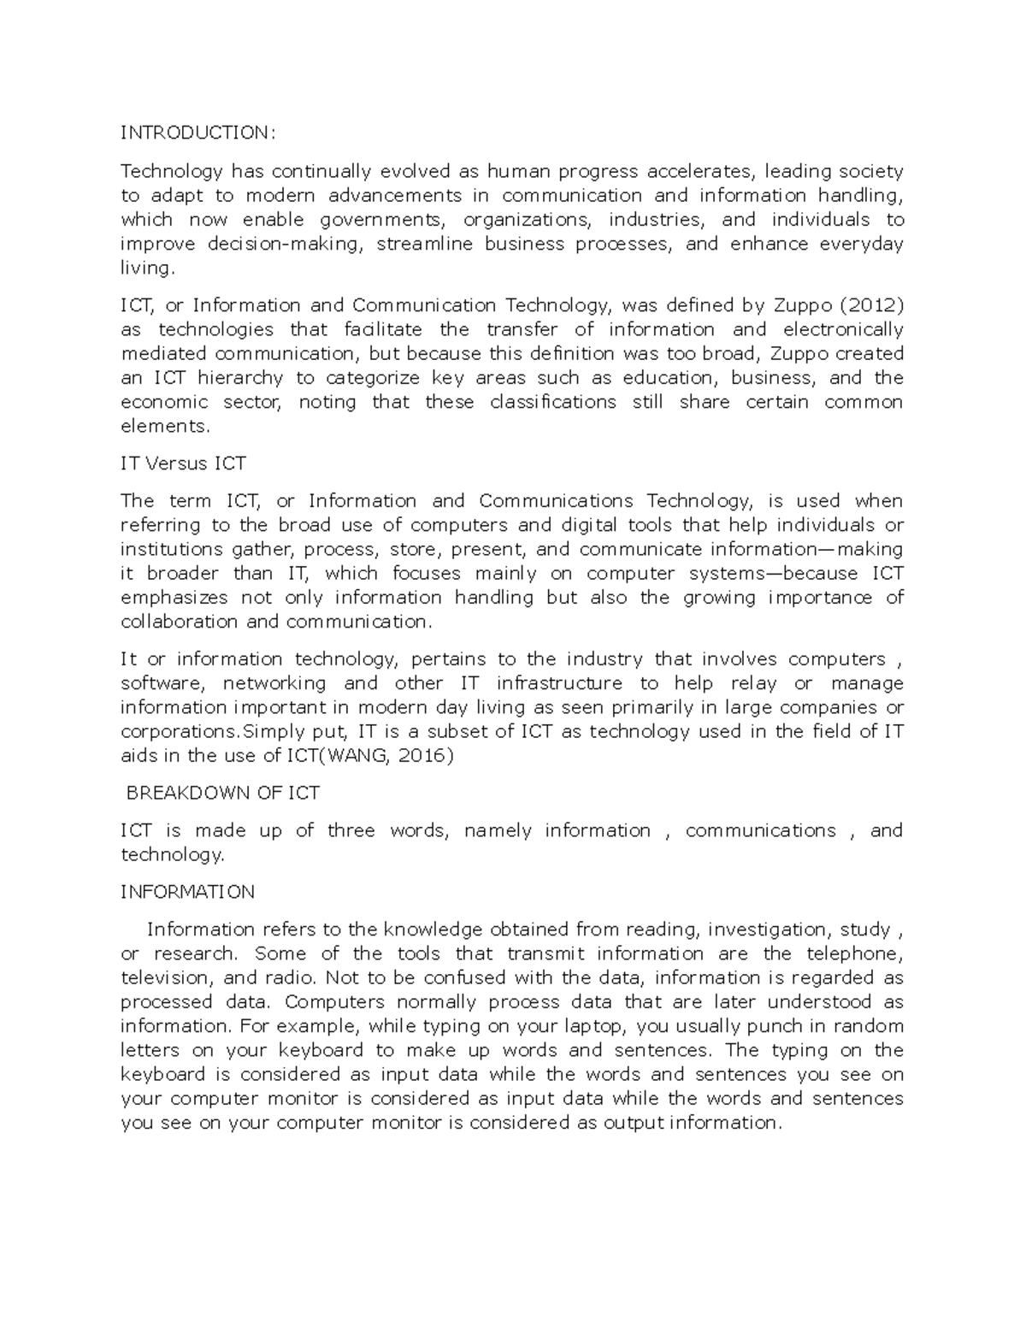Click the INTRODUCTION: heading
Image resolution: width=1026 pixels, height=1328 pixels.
click(198, 133)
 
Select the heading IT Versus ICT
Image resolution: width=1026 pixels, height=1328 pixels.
click(183, 463)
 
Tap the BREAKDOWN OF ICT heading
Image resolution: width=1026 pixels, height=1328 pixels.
click(222, 793)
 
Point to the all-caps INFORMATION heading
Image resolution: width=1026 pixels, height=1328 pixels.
click(187, 892)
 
